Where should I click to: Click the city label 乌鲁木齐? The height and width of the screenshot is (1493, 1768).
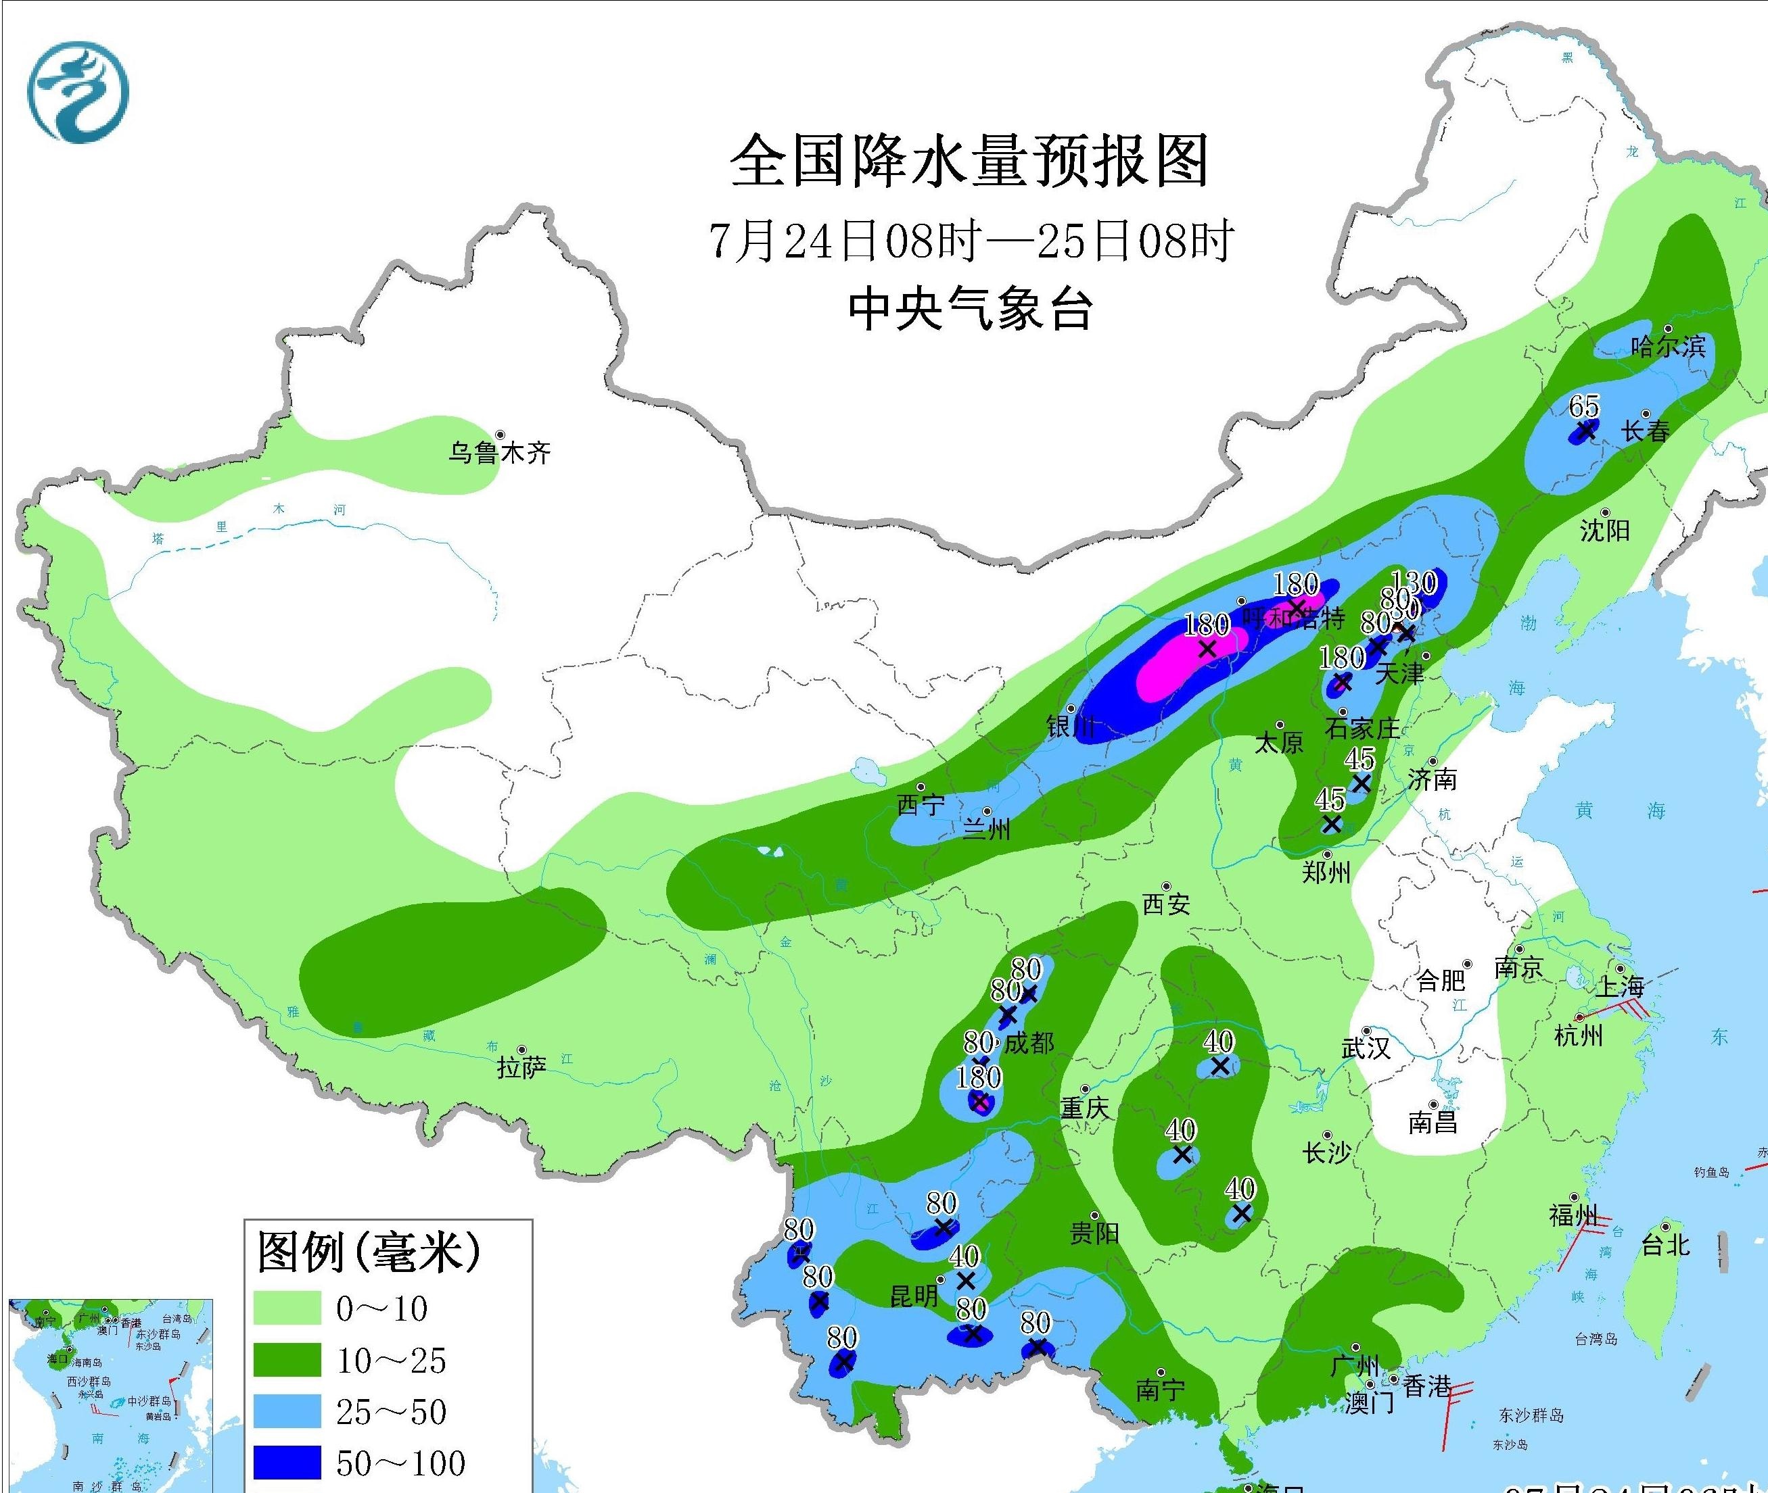(500, 453)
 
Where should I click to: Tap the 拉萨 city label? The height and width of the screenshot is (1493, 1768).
(521, 1068)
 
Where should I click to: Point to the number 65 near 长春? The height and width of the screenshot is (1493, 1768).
(1583, 407)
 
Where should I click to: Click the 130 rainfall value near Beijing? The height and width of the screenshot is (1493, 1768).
(1415, 583)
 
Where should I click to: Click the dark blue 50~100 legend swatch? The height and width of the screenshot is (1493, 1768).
(287, 1463)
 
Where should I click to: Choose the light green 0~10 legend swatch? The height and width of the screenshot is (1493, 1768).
(287, 1308)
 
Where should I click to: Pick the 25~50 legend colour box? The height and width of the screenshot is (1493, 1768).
(287, 1411)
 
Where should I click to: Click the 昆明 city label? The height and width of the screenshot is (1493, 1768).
(914, 1296)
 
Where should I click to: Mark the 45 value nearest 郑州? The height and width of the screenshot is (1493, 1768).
(1330, 799)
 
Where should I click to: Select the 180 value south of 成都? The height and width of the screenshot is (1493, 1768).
(979, 1077)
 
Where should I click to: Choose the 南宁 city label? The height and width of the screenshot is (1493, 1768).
(1160, 1390)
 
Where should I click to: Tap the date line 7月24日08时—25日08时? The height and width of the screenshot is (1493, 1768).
(971, 241)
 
